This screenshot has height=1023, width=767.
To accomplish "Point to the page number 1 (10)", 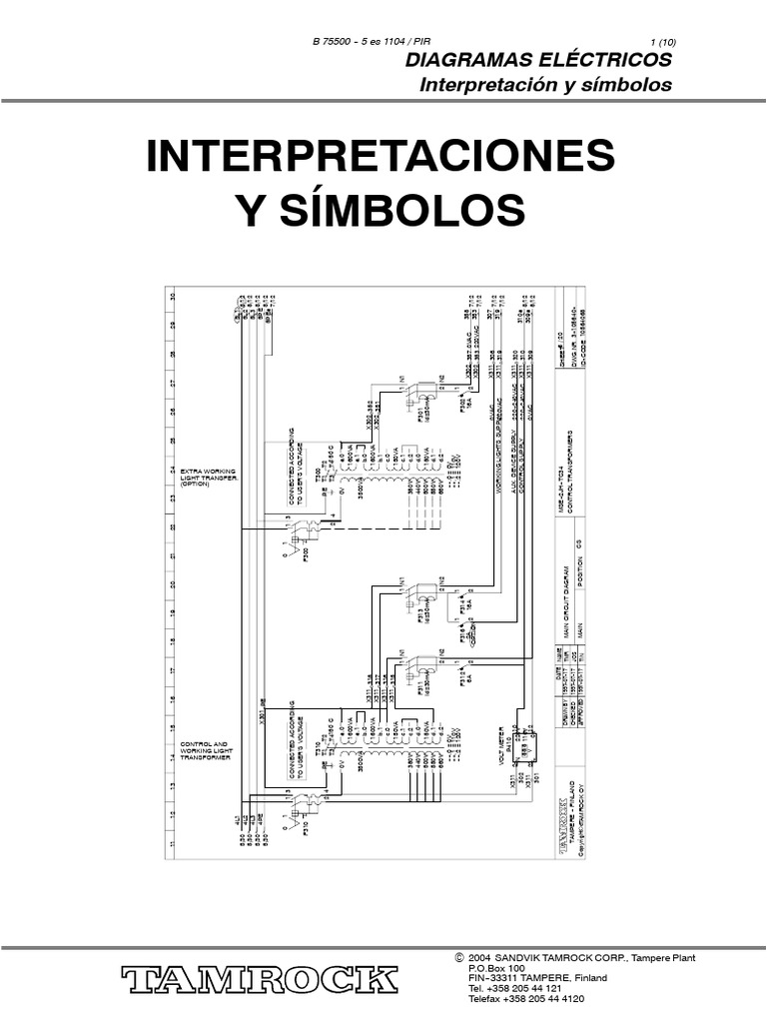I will pos(662,41).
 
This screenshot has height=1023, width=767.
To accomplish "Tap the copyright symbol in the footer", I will pos(458,958).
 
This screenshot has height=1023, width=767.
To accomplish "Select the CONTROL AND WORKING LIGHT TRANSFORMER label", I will pos(205,751).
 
